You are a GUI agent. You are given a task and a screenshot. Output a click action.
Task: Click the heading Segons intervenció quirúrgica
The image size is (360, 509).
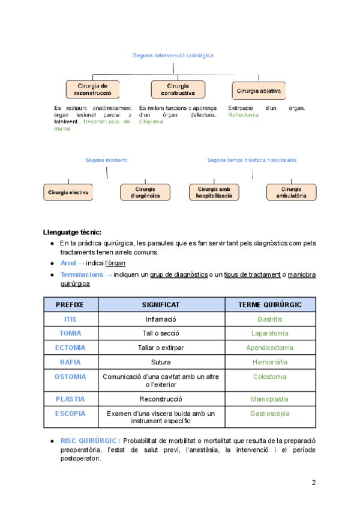point(173,55)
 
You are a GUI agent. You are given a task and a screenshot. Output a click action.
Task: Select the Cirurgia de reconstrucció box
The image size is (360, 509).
point(92,89)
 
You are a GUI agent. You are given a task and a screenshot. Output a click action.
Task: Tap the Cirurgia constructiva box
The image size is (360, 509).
point(178,89)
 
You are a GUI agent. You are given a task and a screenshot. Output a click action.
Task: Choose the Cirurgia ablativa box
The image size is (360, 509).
point(259,91)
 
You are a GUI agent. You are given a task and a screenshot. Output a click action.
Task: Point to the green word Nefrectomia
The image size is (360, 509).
point(243,115)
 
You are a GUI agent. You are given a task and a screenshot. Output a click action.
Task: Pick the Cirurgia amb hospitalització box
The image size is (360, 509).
point(214,192)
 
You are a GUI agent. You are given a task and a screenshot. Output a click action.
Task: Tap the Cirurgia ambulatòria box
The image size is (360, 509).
point(291,192)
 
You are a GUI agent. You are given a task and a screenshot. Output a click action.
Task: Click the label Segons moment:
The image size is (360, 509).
point(107,160)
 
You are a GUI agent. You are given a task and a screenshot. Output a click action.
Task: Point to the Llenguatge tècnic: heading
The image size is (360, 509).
point(72,232)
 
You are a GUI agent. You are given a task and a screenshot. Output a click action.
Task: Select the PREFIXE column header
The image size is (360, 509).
point(70,304)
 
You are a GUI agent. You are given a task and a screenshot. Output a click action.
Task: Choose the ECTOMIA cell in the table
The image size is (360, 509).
point(70,348)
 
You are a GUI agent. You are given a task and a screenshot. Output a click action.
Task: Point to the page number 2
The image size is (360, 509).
point(313,483)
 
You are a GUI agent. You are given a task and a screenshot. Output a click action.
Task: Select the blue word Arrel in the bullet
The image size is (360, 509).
point(69,263)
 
